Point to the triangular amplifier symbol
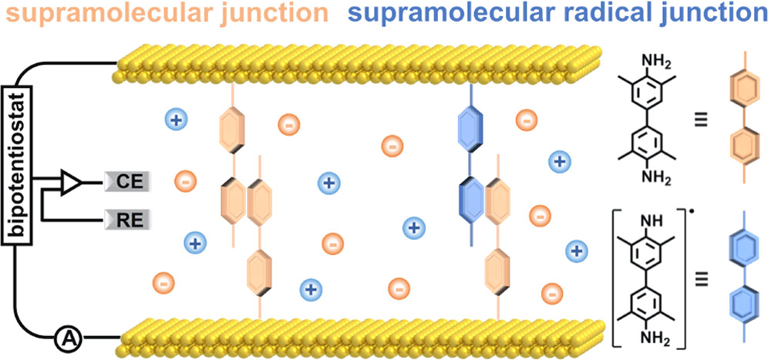(71, 183)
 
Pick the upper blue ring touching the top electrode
(471, 128)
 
